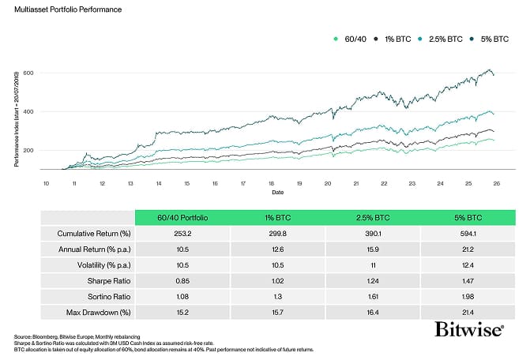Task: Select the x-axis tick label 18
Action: click(x=271, y=182)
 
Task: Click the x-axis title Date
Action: click(x=271, y=191)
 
